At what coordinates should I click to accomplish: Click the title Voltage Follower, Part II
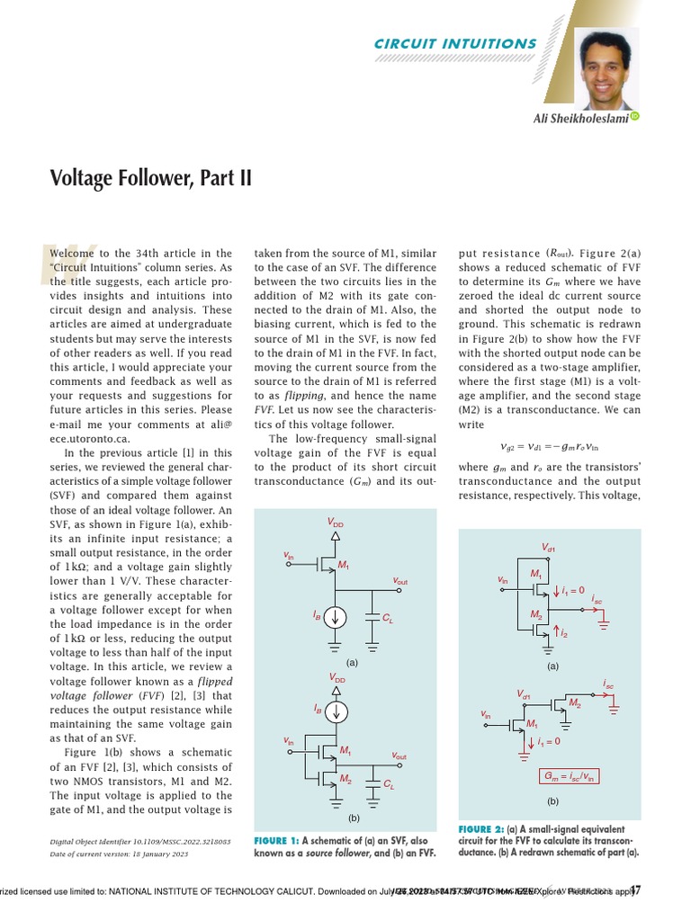150,177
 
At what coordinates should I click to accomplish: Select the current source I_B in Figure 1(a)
335,617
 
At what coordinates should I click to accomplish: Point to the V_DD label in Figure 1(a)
335,522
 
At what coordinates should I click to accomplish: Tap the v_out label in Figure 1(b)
395,756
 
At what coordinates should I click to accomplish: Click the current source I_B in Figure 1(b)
335,711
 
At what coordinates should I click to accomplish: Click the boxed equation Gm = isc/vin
570,776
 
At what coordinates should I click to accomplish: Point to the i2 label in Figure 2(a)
564,634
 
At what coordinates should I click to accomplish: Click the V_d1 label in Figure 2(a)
548,548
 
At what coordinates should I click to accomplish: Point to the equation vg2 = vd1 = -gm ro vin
548,445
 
